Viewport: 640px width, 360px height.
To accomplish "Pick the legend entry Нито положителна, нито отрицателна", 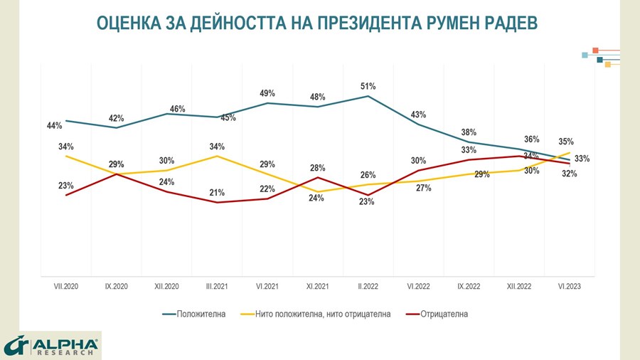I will (x=324, y=313).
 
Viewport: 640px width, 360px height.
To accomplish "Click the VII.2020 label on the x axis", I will (x=66, y=286).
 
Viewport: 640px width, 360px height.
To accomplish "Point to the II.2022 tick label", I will (x=368, y=286).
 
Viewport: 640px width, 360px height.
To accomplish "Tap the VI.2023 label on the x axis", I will (x=569, y=286).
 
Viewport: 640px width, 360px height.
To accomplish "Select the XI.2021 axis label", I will (x=317, y=286).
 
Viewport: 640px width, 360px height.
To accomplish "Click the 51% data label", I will (x=368, y=86).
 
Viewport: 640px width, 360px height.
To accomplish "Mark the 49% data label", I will (x=267, y=93).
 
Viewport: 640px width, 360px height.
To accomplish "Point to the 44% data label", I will (x=55, y=125).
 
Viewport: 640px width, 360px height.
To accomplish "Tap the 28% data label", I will (x=317, y=168).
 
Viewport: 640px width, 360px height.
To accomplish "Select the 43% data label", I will (x=418, y=115).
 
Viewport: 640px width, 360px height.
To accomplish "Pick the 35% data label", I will (x=566, y=142).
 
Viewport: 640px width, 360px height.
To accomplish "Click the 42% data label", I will (x=116, y=118).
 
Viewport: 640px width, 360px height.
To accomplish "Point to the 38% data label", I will (x=469, y=132).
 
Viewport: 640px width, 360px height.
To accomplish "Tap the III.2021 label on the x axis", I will (x=216, y=286).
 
